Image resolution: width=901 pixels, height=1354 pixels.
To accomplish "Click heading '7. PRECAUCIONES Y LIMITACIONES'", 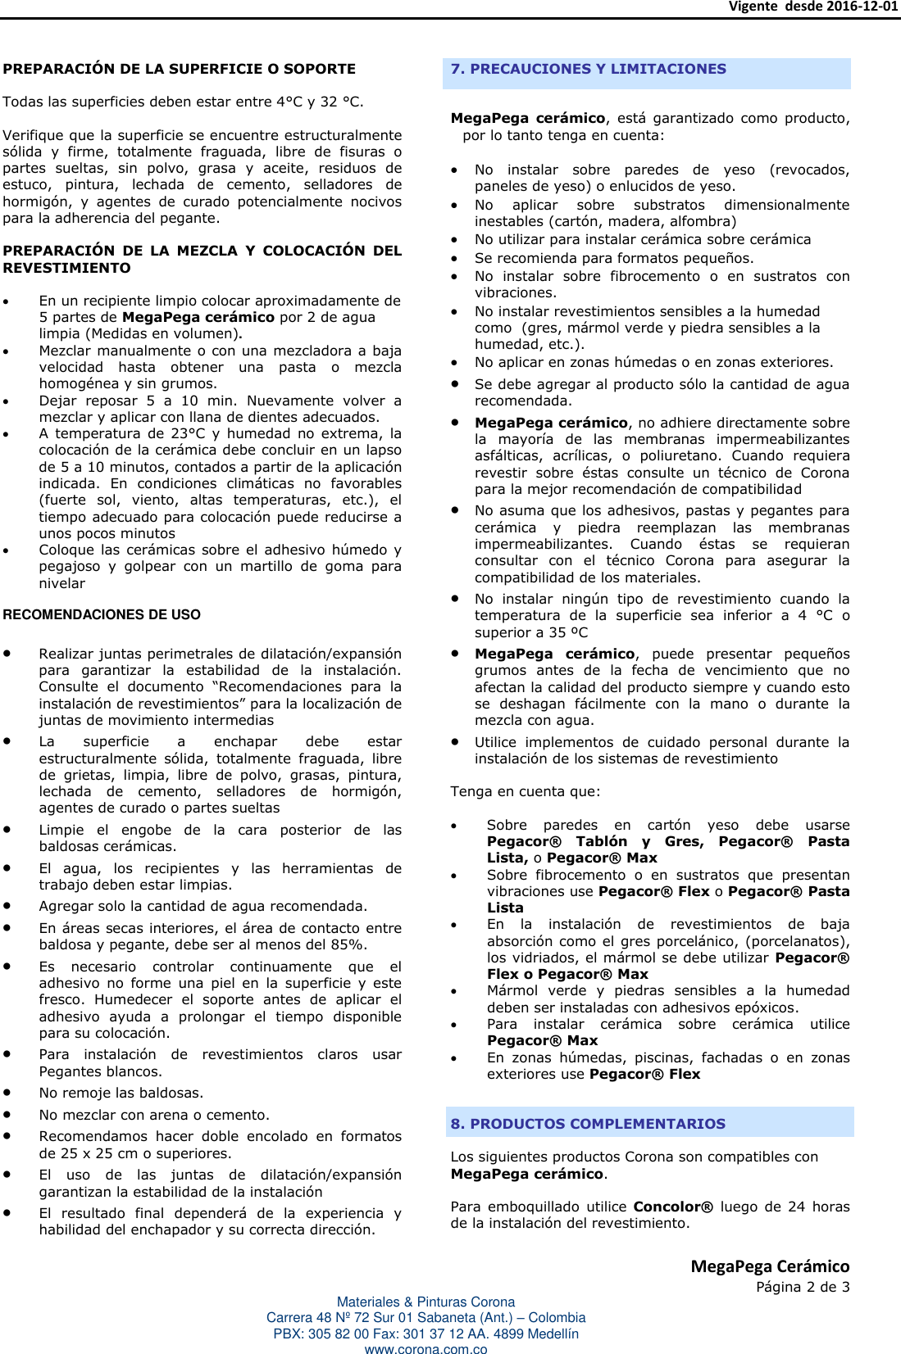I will point(588,70).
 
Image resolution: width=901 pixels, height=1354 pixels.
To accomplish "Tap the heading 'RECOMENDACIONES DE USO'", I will point(102,615).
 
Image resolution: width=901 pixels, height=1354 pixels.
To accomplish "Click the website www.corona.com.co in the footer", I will point(425,1349).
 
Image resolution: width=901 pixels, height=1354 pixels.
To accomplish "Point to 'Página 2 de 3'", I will point(802,1287).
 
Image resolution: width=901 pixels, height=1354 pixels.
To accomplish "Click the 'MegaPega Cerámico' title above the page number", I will point(769,1266).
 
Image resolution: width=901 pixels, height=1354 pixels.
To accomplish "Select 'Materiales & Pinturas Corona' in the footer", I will point(425,1302).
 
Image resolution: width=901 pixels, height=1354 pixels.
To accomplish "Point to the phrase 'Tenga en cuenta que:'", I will point(525,792).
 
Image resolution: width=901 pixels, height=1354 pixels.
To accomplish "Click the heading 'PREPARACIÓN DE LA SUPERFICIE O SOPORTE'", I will point(179,70).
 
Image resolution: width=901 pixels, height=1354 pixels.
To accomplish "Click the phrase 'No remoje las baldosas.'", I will point(121,1094).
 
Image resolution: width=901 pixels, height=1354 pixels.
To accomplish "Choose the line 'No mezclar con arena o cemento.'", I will point(153,1115).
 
